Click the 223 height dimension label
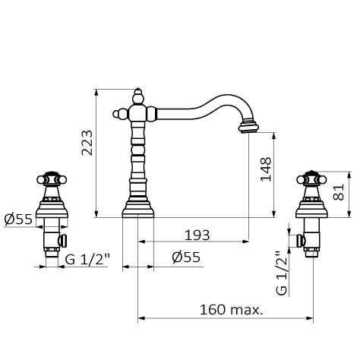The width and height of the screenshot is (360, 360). coord(87,143)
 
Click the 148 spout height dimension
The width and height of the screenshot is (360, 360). coord(266,169)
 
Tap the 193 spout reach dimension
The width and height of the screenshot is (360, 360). coord(197,235)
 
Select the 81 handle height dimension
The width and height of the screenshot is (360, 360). coord(339,192)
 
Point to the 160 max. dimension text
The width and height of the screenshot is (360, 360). coord(232,310)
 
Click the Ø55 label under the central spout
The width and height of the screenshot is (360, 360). coord(186,257)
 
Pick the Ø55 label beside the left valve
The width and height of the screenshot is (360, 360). coord(18,219)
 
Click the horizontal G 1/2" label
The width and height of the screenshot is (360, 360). coord(87,260)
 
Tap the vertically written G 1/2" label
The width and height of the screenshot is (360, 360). coord(282,273)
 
